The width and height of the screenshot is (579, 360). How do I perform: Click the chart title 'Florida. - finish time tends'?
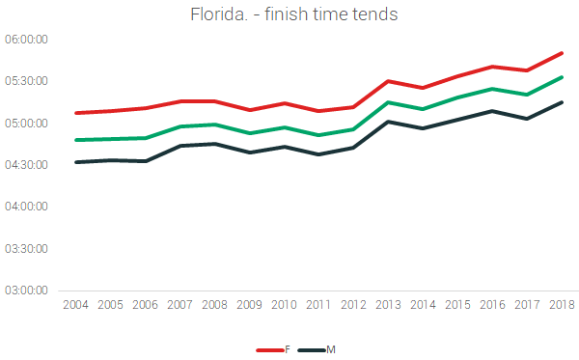(x=289, y=15)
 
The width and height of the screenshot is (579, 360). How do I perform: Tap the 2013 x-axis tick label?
(x=387, y=305)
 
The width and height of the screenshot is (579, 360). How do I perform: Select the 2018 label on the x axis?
(x=561, y=305)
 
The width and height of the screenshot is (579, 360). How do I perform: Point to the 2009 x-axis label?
(x=248, y=305)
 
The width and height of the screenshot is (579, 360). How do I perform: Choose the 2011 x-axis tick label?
(x=317, y=305)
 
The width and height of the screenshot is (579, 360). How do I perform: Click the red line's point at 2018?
(x=562, y=53)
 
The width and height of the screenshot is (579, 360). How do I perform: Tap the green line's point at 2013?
(x=387, y=102)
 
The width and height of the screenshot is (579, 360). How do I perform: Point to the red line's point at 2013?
(x=387, y=81)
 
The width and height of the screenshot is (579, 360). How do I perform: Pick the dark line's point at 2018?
(x=562, y=102)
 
